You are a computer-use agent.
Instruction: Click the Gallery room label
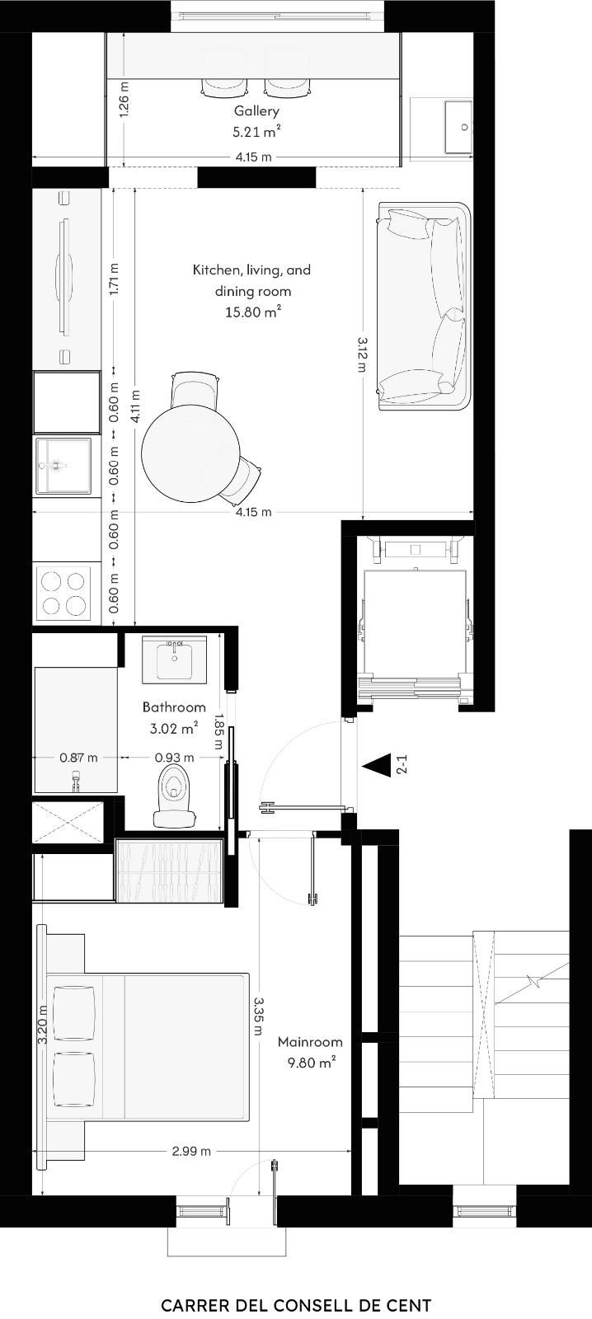click(256, 110)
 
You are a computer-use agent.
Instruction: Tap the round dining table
click(190, 453)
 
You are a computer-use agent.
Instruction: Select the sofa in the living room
click(424, 306)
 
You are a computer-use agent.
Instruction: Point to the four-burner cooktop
click(63, 594)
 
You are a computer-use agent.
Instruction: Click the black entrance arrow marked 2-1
click(377, 766)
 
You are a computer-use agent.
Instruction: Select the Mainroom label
click(310, 1042)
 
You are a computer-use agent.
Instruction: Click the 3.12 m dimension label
click(362, 354)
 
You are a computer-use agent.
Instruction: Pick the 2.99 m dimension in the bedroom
click(191, 1151)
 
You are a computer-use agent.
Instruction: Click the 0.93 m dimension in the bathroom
click(174, 758)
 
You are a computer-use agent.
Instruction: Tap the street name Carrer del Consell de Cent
click(296, 1301)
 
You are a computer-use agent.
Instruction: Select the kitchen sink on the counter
click(63, 466)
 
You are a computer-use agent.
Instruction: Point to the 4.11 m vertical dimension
click(135, 406)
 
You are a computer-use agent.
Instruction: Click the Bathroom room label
click(174, 706)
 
